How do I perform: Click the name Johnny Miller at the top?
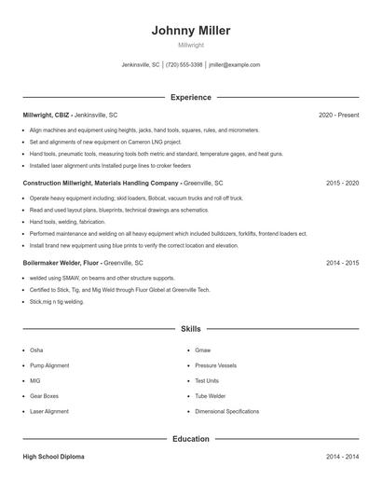coord(191,31)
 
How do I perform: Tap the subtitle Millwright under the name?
coord(191,45)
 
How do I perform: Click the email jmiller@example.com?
coord(235,65)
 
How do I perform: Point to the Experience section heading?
coord(191,97)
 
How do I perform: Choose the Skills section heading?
coord(191,329)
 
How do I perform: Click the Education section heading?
coord(191,438)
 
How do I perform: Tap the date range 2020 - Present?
coord(338,115)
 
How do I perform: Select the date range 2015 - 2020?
coord(343,184)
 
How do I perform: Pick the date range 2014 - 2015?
coord(343,264)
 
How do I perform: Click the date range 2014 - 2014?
coord(343,458)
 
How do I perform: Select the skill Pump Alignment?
coord(49,365)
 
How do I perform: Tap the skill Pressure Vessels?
coord(216,365)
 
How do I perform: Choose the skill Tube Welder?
coord(211,396)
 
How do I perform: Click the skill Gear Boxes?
coord(44,396)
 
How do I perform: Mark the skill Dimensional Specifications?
coord(227,411)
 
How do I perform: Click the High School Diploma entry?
coord(54,458)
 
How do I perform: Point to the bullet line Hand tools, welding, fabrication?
coord(67,222)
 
